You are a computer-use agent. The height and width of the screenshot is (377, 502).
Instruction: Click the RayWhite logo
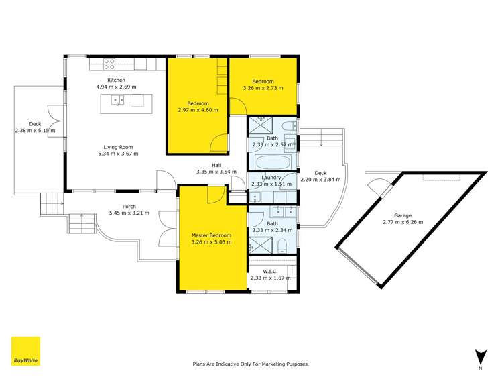(25, 352)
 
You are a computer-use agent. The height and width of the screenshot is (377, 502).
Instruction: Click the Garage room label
(402, 215)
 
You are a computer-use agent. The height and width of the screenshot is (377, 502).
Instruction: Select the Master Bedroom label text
(211, 235)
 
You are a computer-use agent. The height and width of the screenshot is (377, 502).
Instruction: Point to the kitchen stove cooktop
(109, 64)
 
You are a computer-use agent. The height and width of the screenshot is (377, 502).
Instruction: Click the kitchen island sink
(118, 101)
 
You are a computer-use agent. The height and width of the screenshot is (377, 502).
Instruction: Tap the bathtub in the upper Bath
(273, 162)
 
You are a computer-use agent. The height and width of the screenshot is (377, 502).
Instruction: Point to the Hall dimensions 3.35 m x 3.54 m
(216, 172)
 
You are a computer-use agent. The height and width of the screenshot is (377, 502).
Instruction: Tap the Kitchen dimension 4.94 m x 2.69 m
(116, 87)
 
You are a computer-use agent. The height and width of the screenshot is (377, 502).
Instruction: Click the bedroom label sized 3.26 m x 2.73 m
(263, 88)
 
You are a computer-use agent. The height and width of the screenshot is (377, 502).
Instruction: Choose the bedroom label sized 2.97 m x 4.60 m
(198, 110)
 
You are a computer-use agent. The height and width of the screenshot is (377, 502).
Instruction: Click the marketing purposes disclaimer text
(251, 364)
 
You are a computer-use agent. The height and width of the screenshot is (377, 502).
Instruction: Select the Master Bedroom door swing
(215, 194)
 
